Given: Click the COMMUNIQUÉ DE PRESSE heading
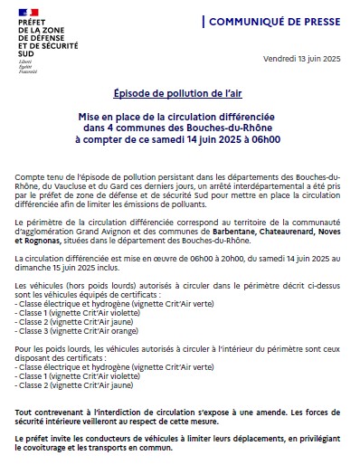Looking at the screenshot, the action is (281, 20).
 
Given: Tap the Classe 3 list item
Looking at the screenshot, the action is (35, 331).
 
